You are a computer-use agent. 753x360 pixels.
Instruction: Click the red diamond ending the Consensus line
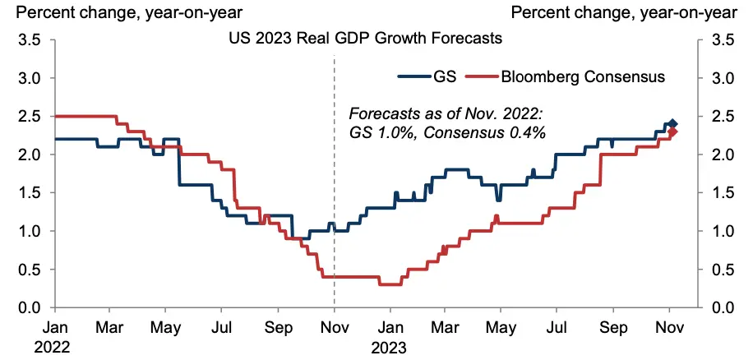pyautogui.click(x=672, y=132)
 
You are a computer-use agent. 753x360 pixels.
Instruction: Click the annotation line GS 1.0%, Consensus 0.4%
pyautogui.click(x=449, y=132)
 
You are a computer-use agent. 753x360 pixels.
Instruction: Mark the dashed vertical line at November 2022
pyautogui.click(x=334, y=181)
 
